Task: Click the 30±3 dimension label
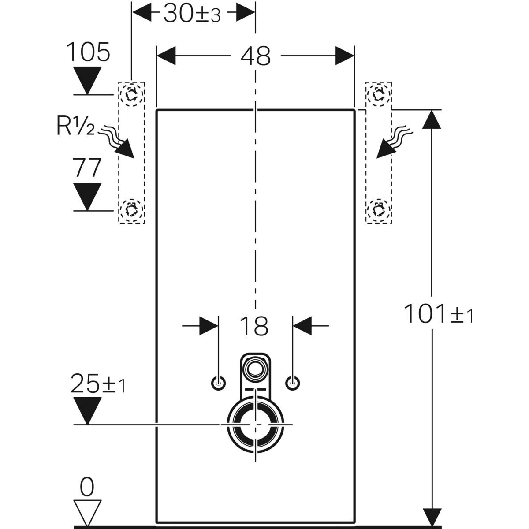192,15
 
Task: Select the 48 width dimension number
256,56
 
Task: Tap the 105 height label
88,52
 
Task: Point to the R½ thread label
75,127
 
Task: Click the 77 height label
87,168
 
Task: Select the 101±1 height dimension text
438,314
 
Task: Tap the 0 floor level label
87,488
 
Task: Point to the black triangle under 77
87,195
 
